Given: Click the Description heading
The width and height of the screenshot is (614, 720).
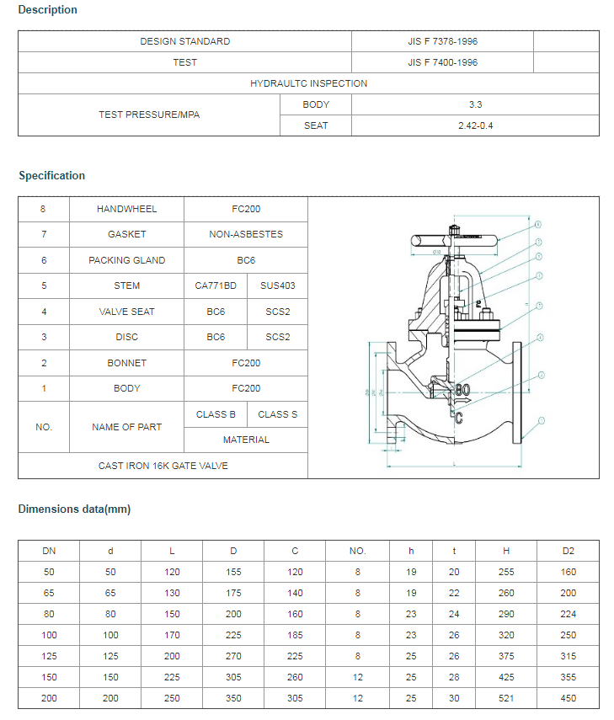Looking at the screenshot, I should click(47, 10).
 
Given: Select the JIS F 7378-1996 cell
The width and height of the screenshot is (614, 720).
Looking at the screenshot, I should click(442, 41).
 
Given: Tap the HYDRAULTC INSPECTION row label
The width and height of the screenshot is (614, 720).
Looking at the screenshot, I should click(308, 83).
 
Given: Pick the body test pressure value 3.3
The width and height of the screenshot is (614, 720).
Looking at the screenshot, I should click(475, 104).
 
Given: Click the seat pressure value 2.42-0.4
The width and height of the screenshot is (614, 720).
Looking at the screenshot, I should click(475, 125).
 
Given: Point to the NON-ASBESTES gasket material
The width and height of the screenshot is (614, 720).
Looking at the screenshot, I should click(246, 234).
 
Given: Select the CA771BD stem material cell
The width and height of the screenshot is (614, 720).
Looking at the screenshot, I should click(216, 285).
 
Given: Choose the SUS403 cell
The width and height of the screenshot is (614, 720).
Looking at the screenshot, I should click(277, 285).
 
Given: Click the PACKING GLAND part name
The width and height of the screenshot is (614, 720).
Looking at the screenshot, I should click(126, 260).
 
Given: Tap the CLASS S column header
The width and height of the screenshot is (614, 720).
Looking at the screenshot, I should click(277, 414).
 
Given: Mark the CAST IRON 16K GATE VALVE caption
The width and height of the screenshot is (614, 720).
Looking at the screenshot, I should click(163, 466).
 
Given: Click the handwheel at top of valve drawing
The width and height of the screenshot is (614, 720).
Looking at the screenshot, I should click(453, 240).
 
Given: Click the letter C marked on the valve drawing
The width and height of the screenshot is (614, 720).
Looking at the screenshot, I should click(459, 415).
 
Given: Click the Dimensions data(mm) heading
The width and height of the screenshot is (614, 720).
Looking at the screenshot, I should click(74, 509).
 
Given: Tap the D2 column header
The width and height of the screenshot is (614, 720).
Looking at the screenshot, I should click(569, 551).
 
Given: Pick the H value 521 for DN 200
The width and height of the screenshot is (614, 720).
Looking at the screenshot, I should click(506, 698).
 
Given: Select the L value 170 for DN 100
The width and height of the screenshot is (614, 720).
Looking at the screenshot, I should click(172, 635).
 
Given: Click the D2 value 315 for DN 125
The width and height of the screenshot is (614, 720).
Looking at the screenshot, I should click(569, 656).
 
